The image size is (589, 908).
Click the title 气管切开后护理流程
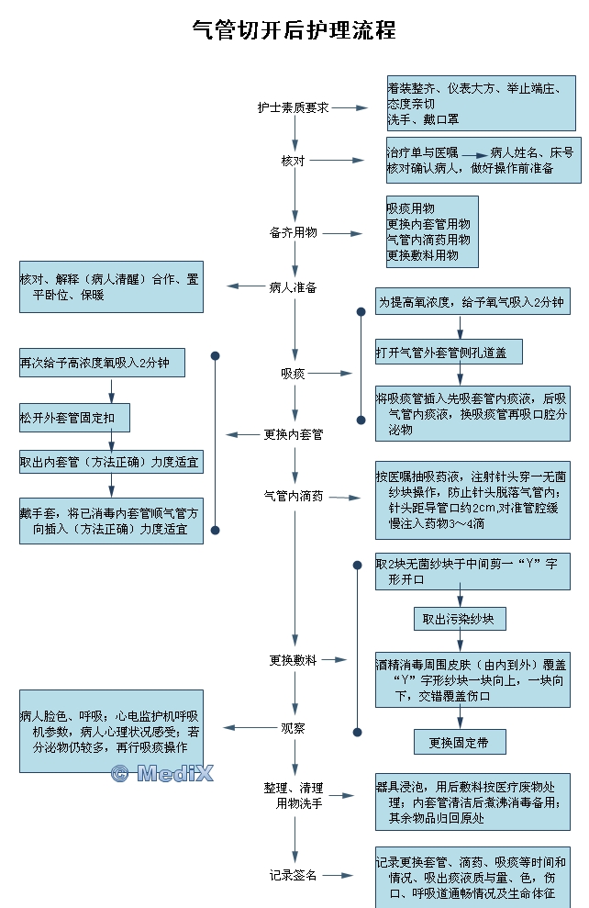(x=294, y=30)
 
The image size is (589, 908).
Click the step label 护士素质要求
(x=293, y=107)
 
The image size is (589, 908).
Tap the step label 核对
(x=293, y=161)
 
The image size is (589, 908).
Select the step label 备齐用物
(x=293, y=232)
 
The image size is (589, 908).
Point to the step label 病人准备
(x=293, y=286)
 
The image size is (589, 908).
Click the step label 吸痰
(x=293, y=374)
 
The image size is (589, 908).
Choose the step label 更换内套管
(x=293, y=434)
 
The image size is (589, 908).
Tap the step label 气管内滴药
(x=293, y=497)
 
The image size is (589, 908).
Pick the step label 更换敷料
(x=293, y=659)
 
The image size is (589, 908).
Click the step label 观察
(x=293, y=728)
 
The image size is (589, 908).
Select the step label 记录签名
(x=293, y=875)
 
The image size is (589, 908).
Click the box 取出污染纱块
(x=459, y=620)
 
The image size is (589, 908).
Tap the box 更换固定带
(x=459, y=742)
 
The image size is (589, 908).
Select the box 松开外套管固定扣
(x=74, y=418)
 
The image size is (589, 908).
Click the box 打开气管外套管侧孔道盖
(x=449, y=352)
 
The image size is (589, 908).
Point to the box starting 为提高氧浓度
(x=472, y=301)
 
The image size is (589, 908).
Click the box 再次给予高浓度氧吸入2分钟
(x=102, y=363)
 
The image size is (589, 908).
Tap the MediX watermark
(x=161, y=774)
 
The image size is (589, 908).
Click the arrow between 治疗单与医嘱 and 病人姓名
(x=472, y=154)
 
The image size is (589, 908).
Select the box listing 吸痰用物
(x=432, y=232)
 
